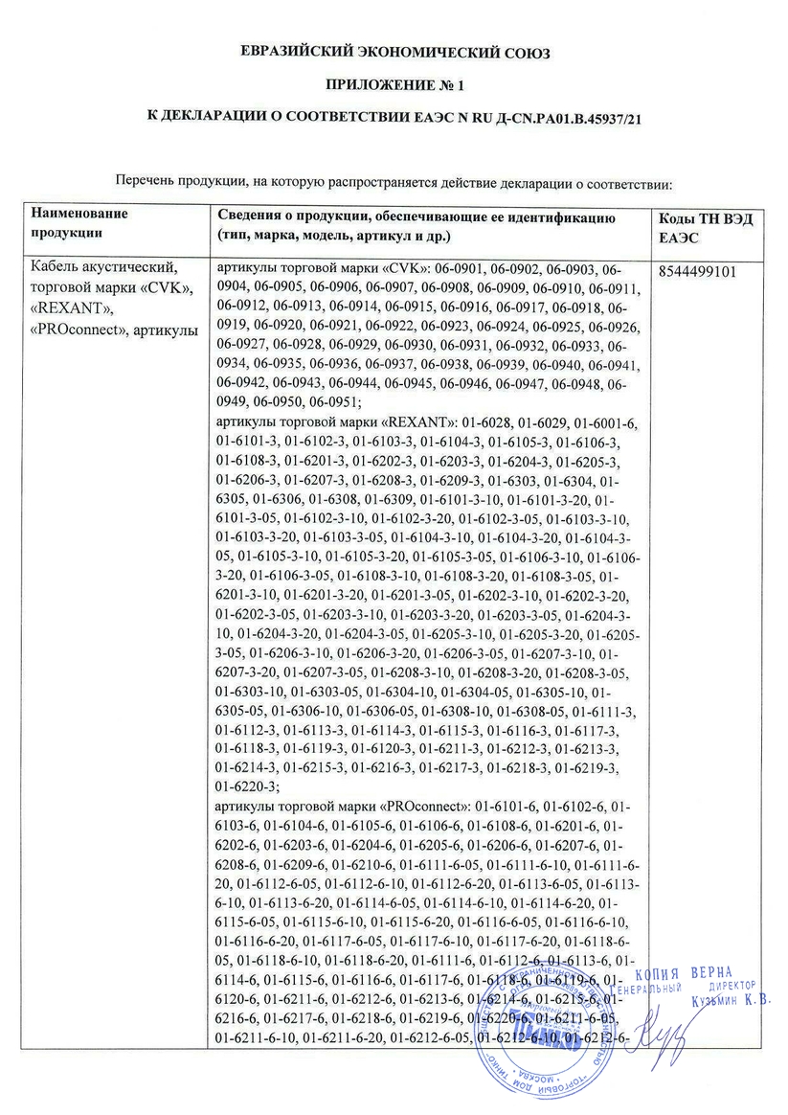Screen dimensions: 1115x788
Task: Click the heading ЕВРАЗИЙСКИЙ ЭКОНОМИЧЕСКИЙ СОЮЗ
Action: (x=394, y=53)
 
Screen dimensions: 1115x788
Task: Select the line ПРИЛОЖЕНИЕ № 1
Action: (x=394, y=85)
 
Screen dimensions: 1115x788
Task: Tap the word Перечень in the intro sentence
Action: (x=143, y=181)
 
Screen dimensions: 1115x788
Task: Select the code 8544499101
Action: (x=698, y=271)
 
